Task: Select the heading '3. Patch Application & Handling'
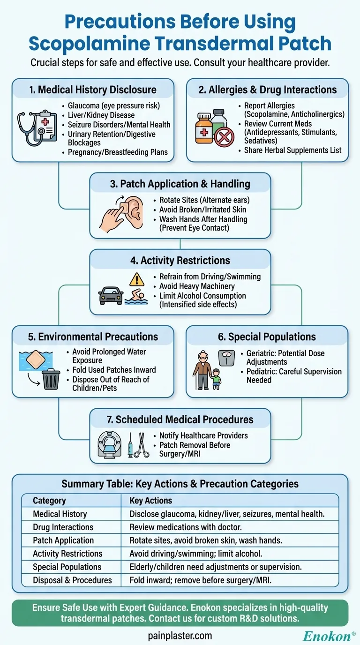[x=180, y=184]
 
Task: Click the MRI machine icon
[x=110, y=445]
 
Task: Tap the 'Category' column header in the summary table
[x=49, y=501]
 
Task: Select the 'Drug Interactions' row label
[x=63, y=527]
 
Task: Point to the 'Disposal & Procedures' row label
[x=72, y=580]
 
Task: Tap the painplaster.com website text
[x=180, y=636]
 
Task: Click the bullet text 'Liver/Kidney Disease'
[x=101, y=115]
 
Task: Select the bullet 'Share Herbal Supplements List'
[x=293, y=150]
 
